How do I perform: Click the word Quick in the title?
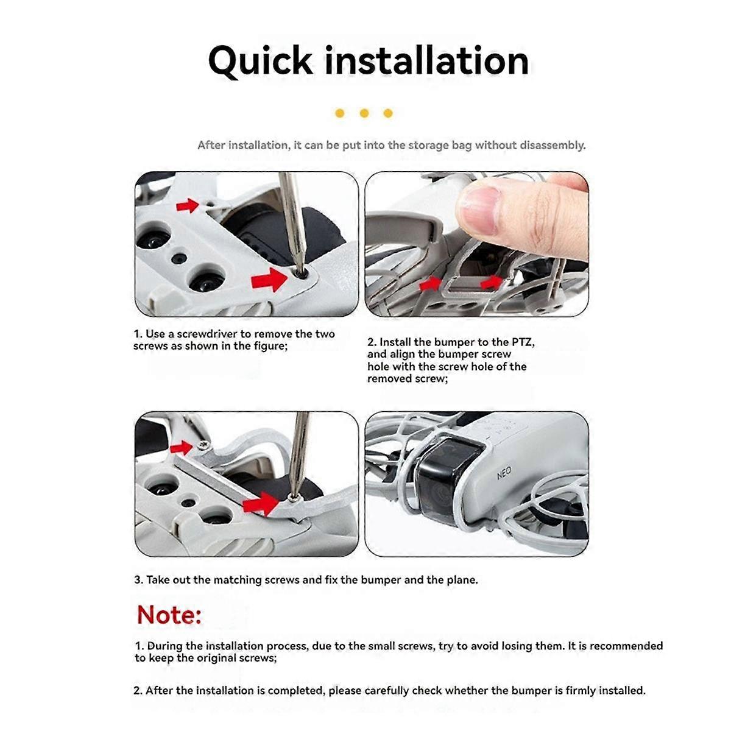[x=260, y=61]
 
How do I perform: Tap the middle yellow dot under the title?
[x=364, y=113]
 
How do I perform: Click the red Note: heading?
[x=169, y=615]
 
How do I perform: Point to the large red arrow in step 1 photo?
[x=269, y=280]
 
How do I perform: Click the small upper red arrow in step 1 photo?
[x=188, y=205]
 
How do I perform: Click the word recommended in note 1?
[x=626, y=646]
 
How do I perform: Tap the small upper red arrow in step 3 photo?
[x=181, y=448]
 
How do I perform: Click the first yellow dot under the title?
[x=340, y=113]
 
